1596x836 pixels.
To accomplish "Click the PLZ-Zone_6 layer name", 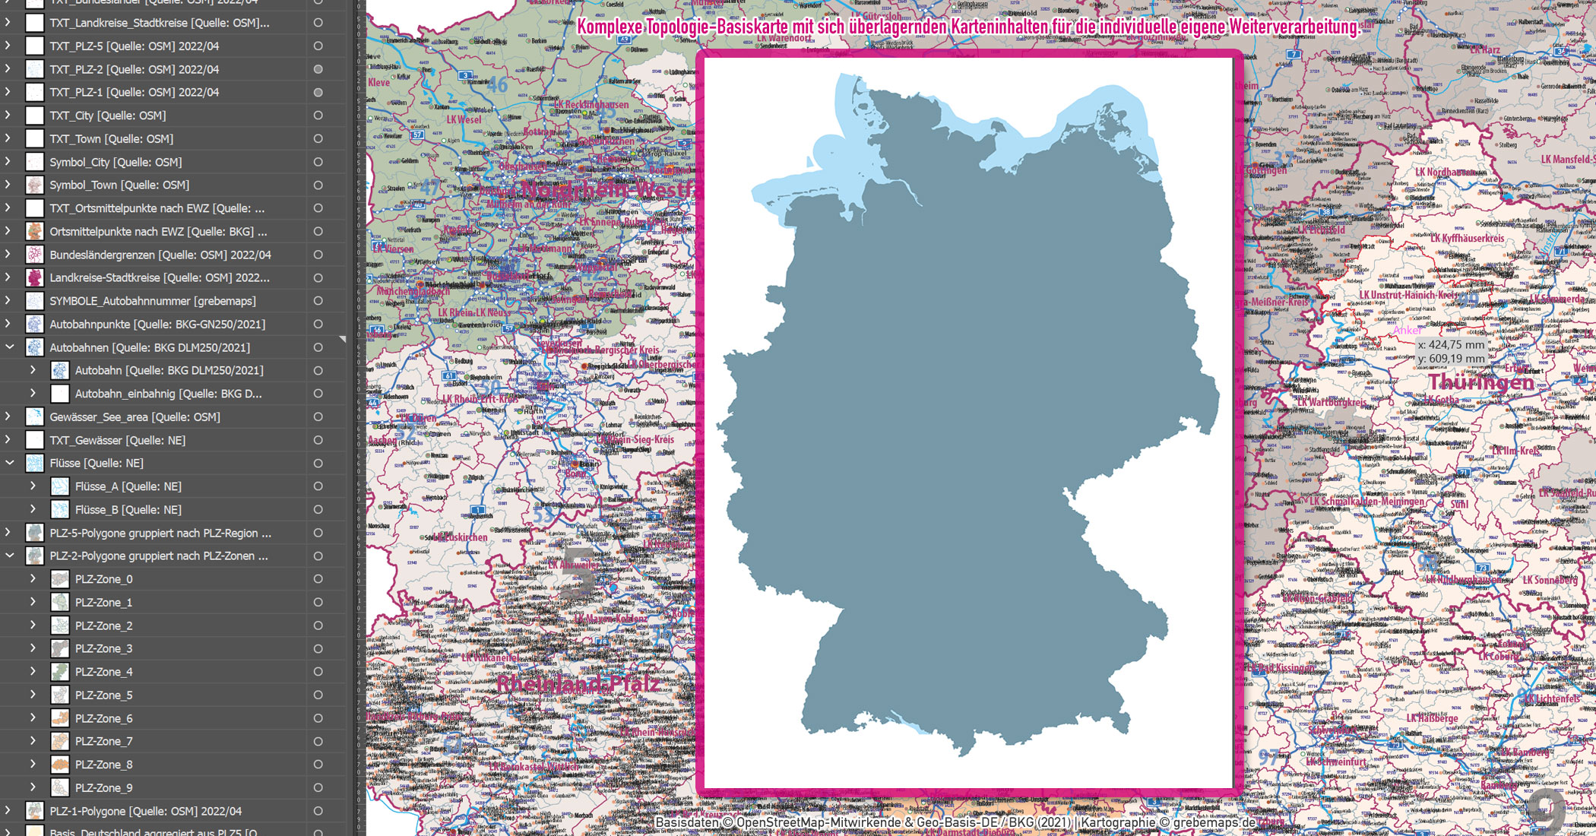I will click(103, 718).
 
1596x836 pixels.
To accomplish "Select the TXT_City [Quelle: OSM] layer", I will click(107, 116).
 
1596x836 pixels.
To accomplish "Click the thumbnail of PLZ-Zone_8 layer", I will click(60, 765).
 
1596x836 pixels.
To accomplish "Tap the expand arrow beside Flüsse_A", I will click(33, 486).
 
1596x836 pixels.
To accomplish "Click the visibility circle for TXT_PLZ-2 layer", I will click(318, 69).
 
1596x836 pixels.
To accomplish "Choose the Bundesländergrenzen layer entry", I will click(160, 255).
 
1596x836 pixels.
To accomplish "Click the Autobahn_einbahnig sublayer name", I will click(168, 394).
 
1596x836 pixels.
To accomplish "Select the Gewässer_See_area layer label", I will click(135, 416).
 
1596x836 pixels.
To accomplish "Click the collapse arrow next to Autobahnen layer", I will click(10, 347).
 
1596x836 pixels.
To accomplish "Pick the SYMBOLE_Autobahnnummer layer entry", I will click(152, 301).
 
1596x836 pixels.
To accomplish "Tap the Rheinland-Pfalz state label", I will click(578, 683).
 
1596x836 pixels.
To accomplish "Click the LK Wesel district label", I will click(464, 119).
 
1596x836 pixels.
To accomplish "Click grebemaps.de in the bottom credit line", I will click(1214, 822).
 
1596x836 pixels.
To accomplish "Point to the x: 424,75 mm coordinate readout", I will click(1451, 345).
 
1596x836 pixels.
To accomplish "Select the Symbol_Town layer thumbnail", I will click(35, 185).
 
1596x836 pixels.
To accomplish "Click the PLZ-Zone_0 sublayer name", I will click(103, 579).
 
